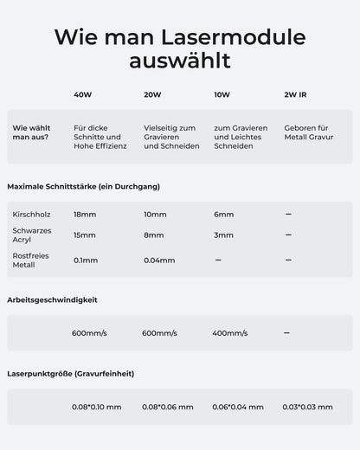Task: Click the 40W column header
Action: pyautogui.click(x=82, y=94)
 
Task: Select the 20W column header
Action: pyautogui.click(x=152, y=94)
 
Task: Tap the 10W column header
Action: pyautogui.click(x=222, y=94)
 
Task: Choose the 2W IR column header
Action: pyautogui.click(x=295, y=94)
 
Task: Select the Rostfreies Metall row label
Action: pyautogui.click(x=29, y=260)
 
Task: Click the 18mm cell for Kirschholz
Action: pyautogui.click(x=85, y=214)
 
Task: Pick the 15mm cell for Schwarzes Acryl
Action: pyautogui.click(x=85, y=235)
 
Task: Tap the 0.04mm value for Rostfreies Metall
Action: pyautogui.click(x=159, y=260)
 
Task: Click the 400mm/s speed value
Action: pyautogui.click(x=229, y=332)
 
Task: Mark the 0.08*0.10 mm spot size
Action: pyautogui.click(x=97, y=407)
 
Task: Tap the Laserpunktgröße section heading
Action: pyautogui.click(x=70, y=374)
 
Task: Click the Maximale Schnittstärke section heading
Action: pyautogui.click(x=83, y=186)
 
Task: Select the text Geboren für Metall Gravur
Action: pyautogui.click(x=309, y=132)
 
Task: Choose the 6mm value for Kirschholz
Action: pyautogui.click(x=223, y=214)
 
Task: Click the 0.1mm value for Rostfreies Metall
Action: pyautogui.click(x=86, y=260)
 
